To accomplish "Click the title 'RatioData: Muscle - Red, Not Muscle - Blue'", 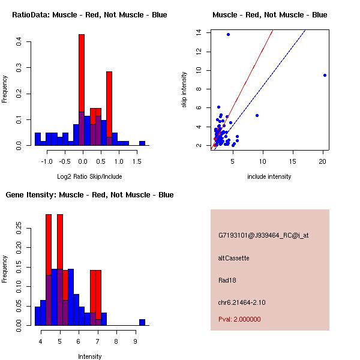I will pos(89,14).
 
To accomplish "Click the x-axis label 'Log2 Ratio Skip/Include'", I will pos(89,176).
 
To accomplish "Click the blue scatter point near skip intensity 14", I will pos(228,34).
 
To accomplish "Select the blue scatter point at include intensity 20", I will pos(325,75).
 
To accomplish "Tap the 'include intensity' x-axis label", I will pos(269,176).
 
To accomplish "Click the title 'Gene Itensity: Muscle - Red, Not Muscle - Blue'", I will pos(89,195).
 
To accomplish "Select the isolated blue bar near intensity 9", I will pos(142,322).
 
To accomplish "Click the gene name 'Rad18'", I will pos(226,280).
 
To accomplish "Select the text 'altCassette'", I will pos(233,258).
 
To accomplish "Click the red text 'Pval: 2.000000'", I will pos(239,319).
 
